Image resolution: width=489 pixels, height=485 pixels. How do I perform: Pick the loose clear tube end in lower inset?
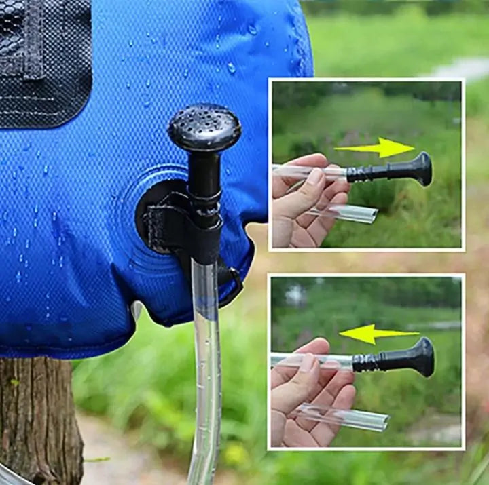tap(353, 418)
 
